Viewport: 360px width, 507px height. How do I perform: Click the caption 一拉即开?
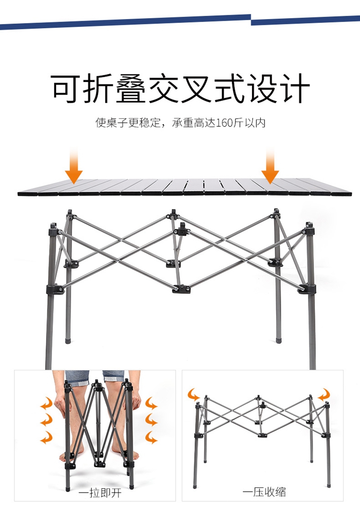point(100,492)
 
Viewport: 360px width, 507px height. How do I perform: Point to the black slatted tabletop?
point(185,187)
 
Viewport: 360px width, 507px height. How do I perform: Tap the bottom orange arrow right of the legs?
point(152,437)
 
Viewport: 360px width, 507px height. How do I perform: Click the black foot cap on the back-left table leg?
point(68,341)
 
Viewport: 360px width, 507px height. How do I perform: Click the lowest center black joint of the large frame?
point(181,289)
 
